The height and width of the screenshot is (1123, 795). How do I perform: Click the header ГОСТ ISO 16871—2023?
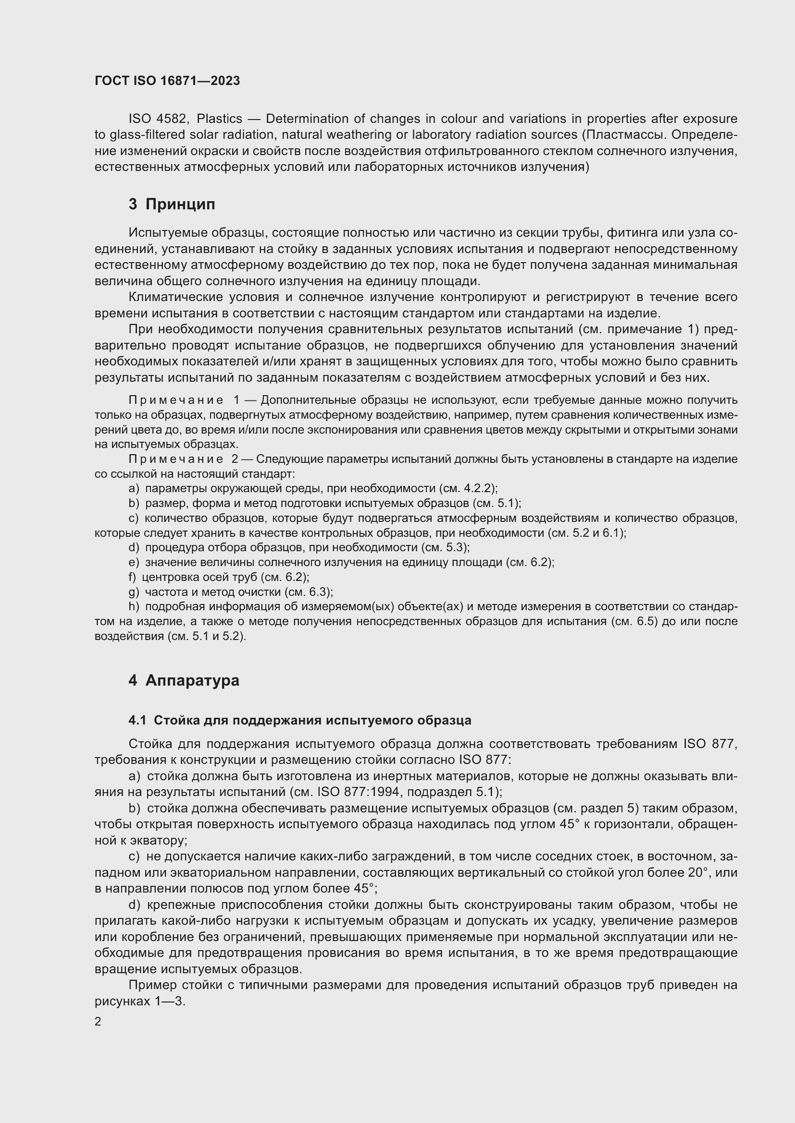(167, 81)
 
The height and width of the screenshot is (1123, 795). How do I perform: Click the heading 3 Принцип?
(171, 204)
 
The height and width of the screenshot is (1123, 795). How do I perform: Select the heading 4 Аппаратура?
(184, 680)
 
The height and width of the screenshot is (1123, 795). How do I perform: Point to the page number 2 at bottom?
(98, 1022)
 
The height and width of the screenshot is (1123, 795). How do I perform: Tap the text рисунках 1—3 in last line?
(139, 1001)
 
